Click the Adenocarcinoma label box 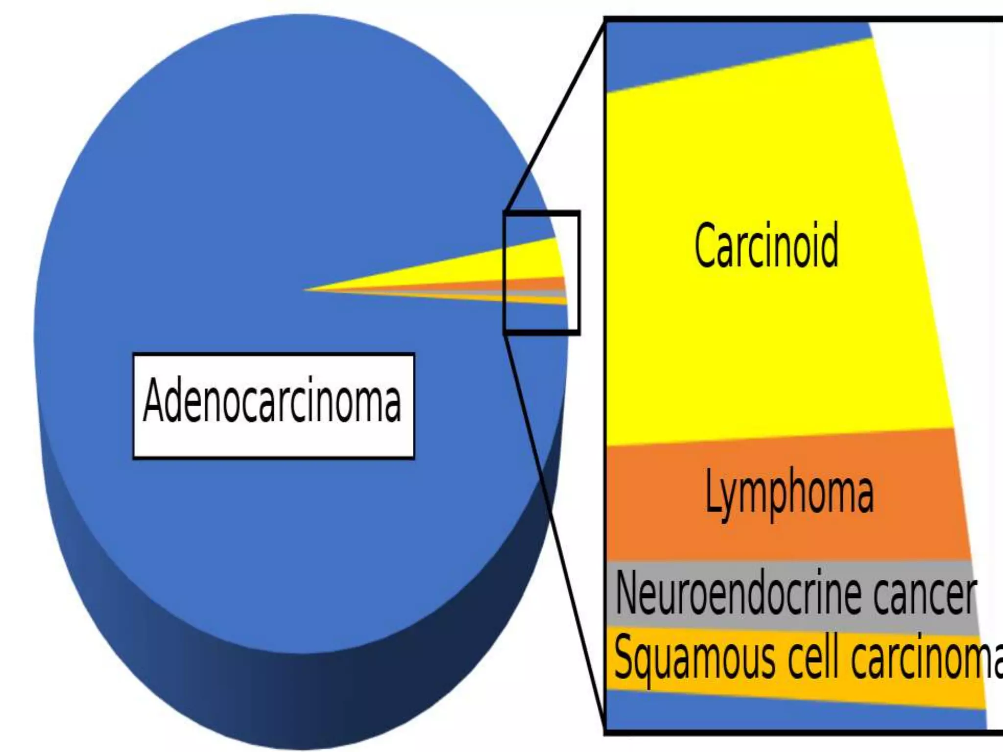tap(273, 405)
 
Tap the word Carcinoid tap(766, 245)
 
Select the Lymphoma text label tap(789, 493)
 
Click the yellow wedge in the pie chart tap(490, 264)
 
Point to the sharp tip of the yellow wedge tap(306, 289)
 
